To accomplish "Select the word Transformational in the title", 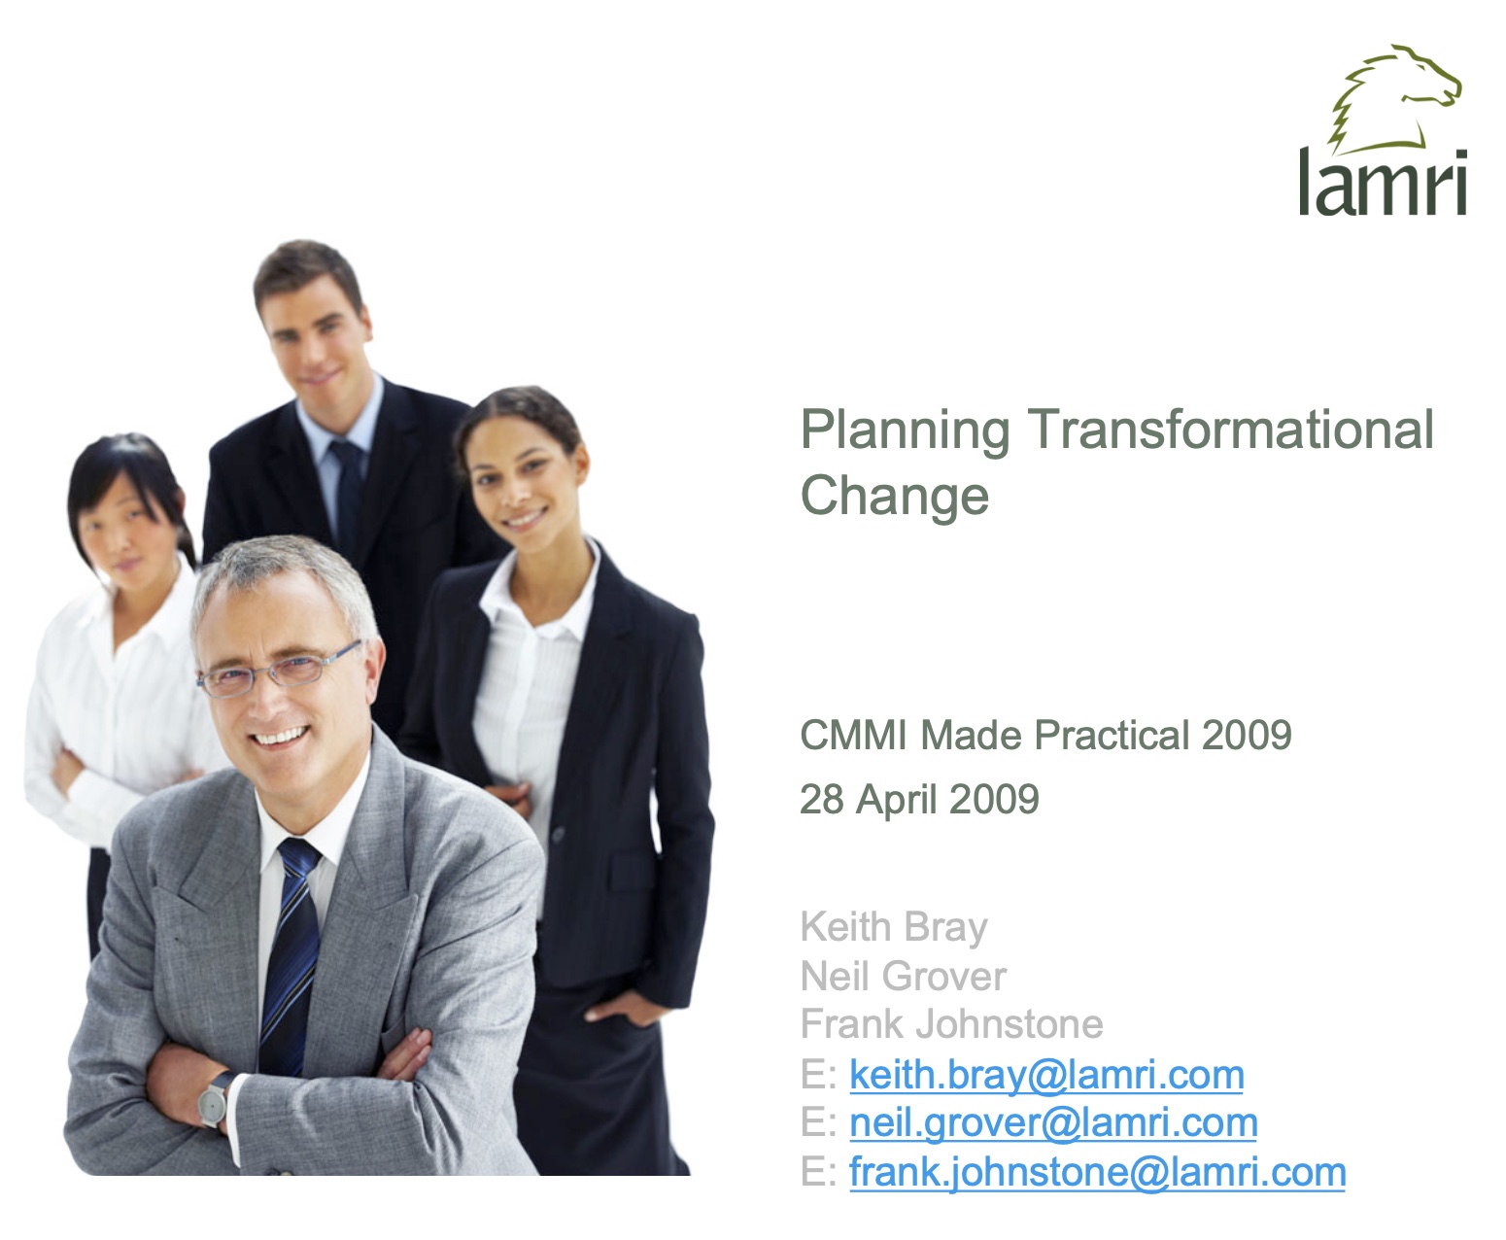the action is tap(1230, 430).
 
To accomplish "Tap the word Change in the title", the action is tap(894, 497).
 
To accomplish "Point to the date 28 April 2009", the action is tap(919, 799).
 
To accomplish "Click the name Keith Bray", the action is tap(894, 928).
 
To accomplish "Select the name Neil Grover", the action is tap(904, 977).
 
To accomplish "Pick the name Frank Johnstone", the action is tap(952, 1024).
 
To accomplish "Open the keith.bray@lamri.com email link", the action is tap(1046, 1076).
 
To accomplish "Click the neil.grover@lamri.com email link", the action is tap(1053, 1123).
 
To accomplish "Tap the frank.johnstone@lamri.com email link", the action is tap(1098, 1172).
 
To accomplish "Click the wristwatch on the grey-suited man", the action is tap(215, 1099).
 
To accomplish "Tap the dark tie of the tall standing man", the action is tap(348, 493).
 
